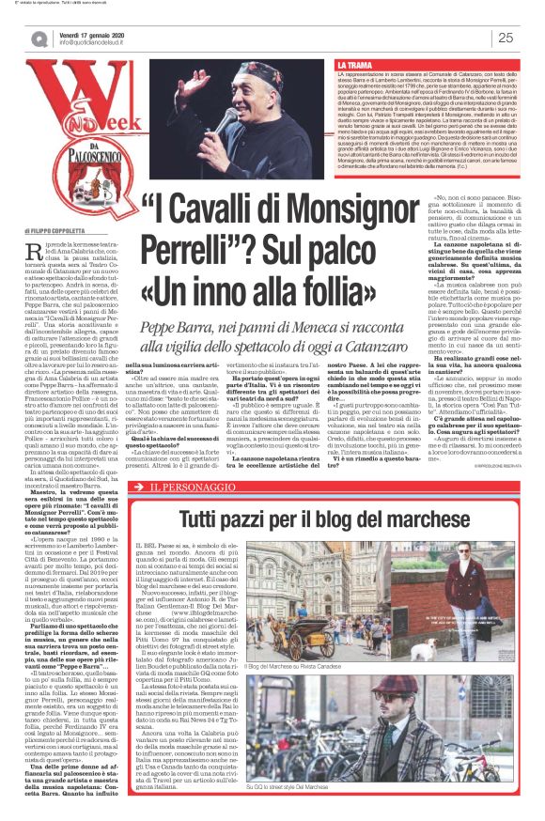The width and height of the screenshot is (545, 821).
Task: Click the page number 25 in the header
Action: (506, 38)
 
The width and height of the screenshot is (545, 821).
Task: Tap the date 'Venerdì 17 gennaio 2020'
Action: (92, 34)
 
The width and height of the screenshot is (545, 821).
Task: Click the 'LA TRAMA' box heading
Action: (356, 65)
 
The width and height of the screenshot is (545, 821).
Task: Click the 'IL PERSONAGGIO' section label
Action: (179, 487)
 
